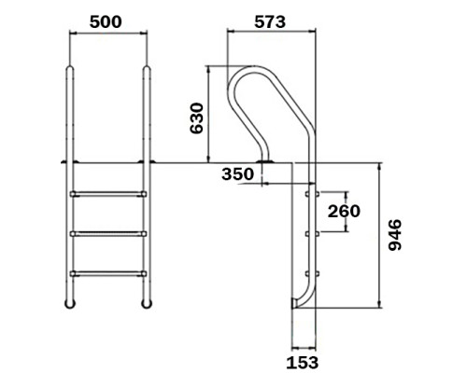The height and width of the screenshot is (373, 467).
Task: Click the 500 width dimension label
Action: click(106, 22)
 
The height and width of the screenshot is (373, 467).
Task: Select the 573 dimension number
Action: click(270, 22)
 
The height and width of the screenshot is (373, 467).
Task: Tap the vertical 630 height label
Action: click(196, 118)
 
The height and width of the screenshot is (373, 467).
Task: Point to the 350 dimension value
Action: click(237, 174)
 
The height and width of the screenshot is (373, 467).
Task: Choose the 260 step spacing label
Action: click(344, 212)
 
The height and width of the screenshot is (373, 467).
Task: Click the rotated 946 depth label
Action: click(395, 235)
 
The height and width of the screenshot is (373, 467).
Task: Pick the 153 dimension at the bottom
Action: click(303, 363)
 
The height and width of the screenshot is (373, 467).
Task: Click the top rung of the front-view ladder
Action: click(108, 194)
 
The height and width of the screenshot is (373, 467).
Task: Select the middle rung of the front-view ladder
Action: click(108, 234)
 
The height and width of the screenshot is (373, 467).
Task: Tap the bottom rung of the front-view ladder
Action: click(108, 273)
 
